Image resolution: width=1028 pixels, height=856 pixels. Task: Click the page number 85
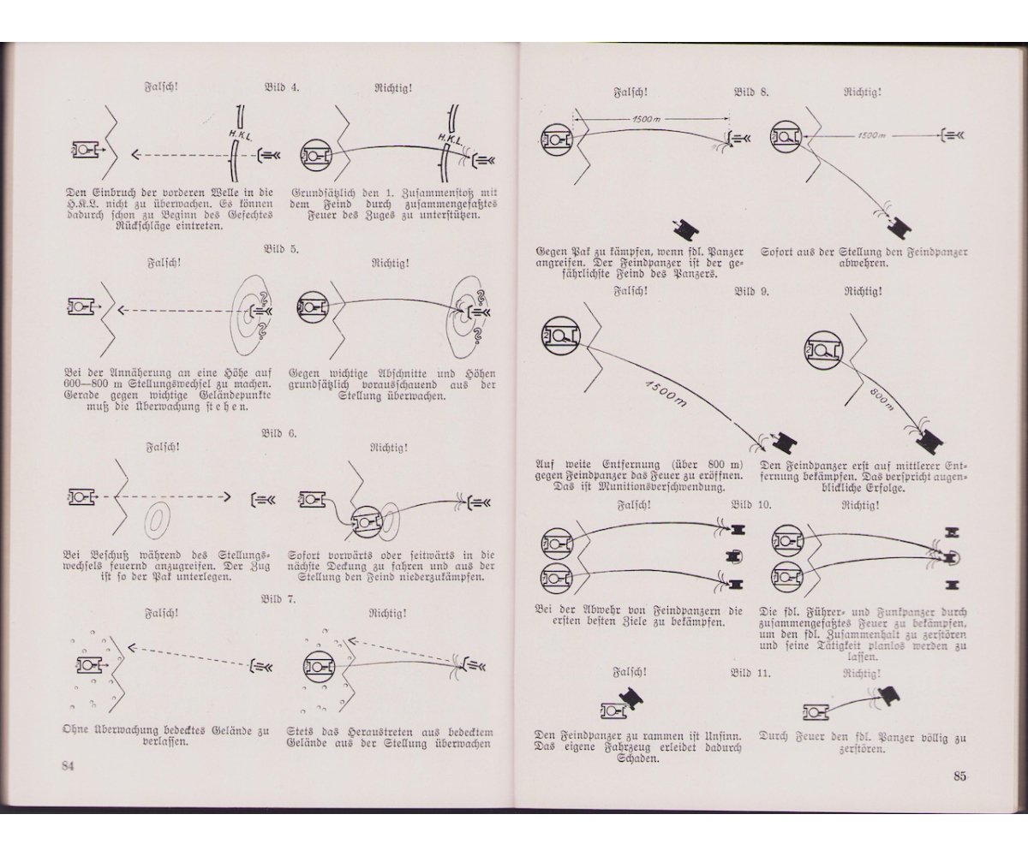pyautogui.click(x=959, y=776)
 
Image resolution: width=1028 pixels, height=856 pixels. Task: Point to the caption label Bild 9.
pyautogui.click(x=751, y=291)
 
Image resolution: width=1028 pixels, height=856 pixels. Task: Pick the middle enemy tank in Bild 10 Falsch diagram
pyautogui.click(x=734, y=556)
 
